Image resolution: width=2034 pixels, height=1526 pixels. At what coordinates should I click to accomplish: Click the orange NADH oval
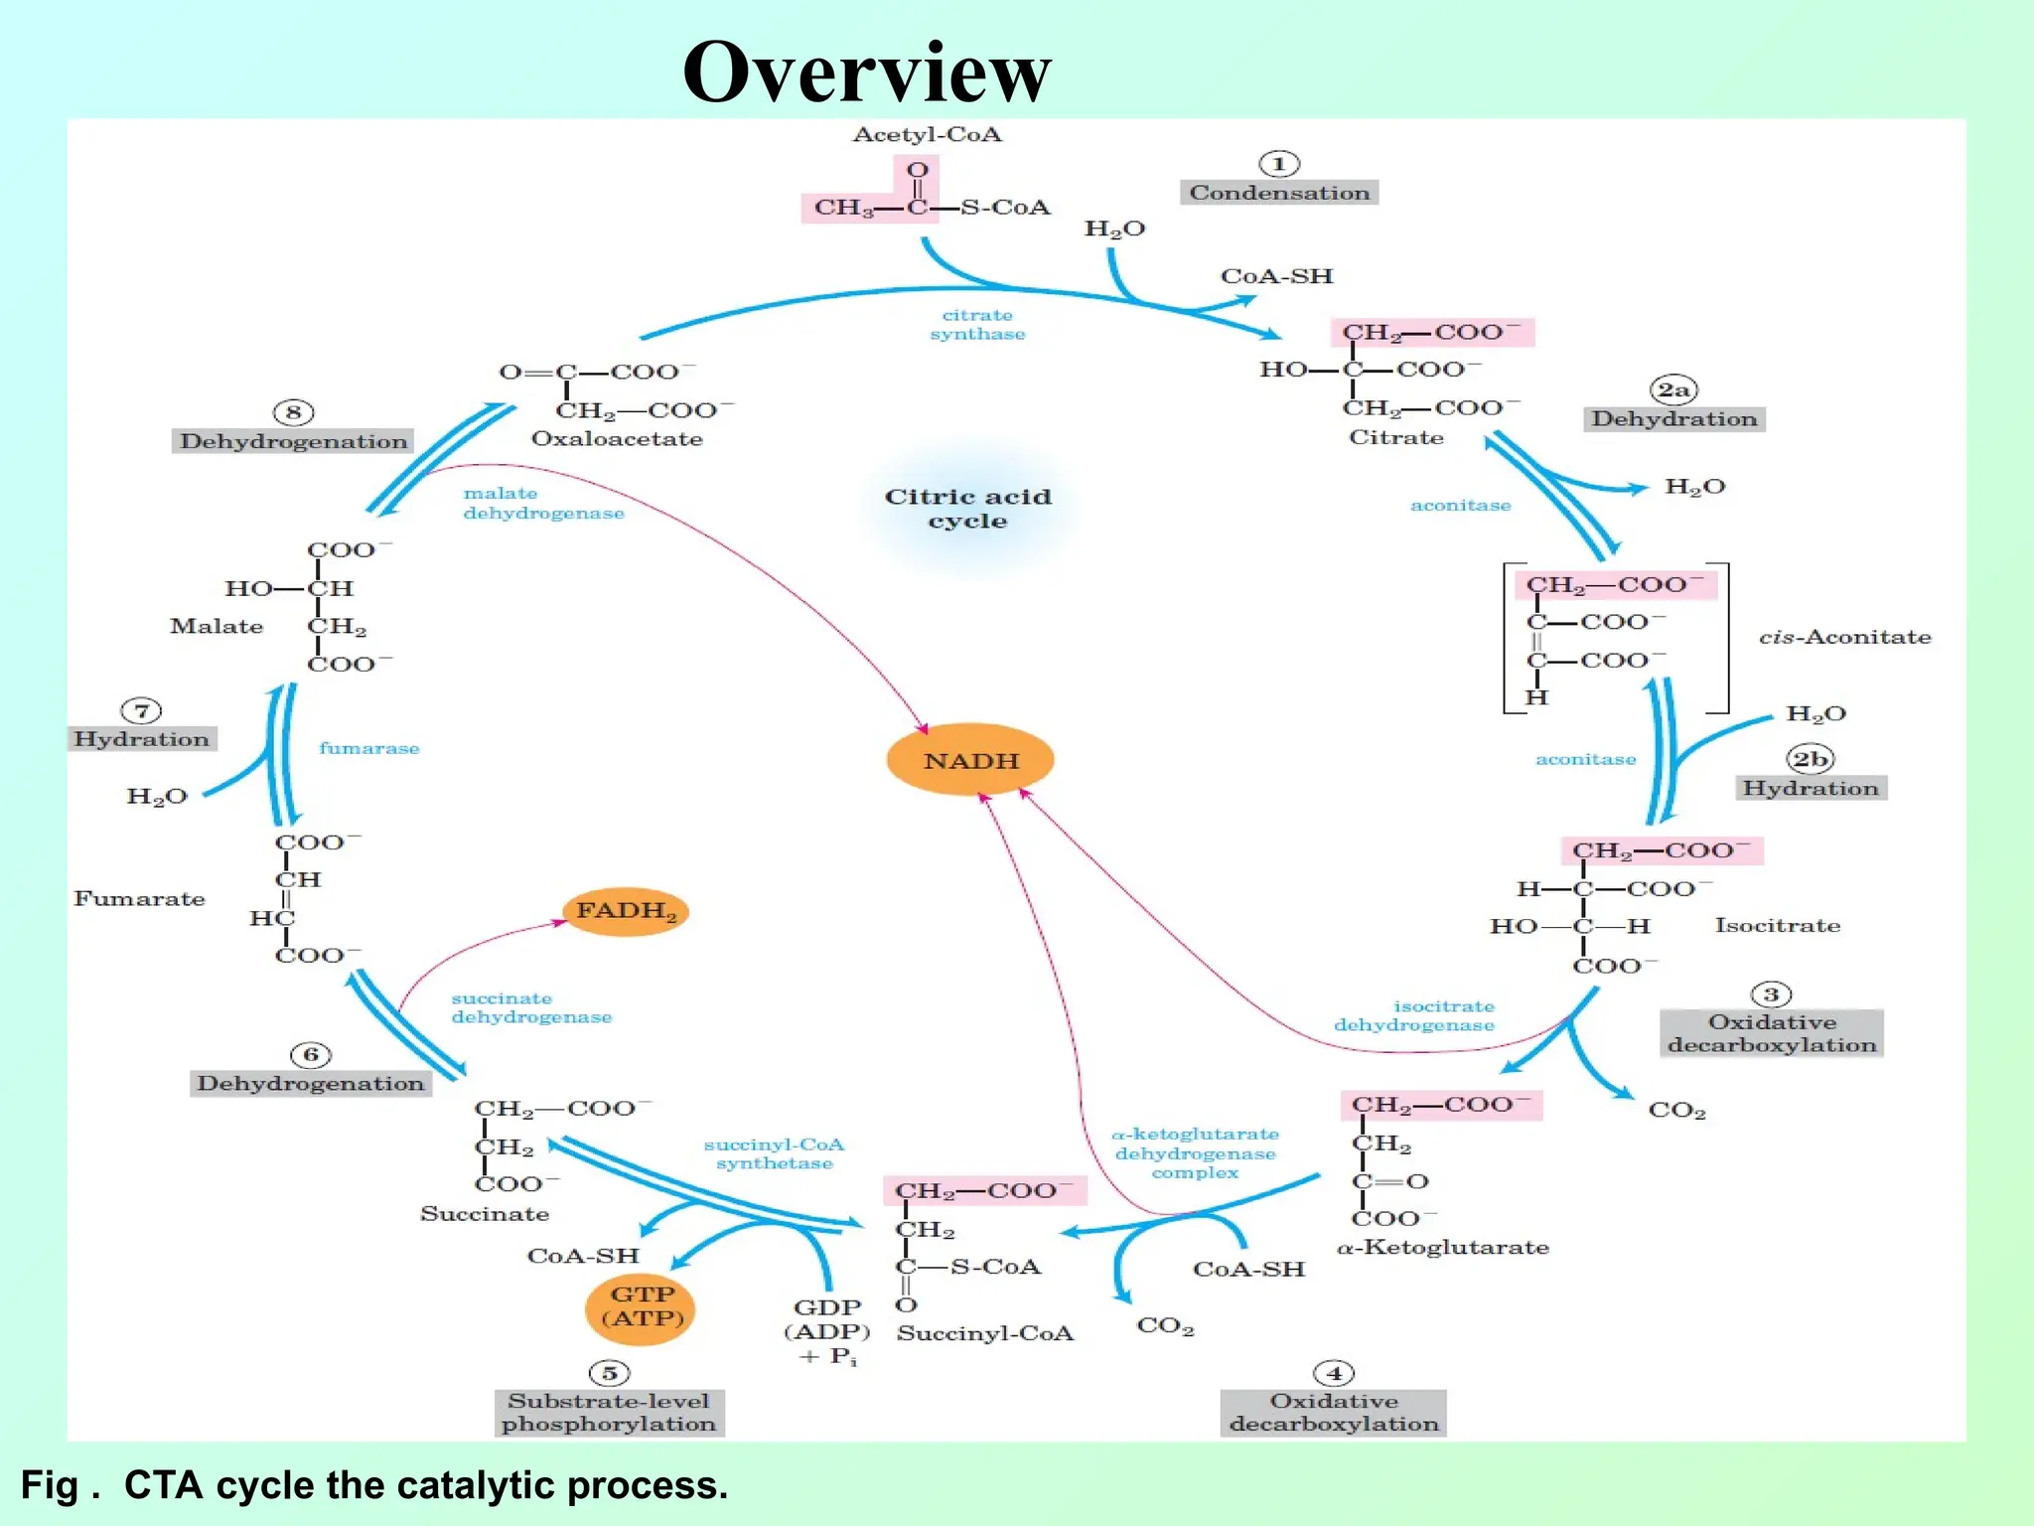coord(969,760)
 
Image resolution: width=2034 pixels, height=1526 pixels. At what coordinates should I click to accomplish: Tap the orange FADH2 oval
coord(626,911)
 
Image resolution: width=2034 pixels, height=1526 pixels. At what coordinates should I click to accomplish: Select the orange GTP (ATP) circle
coord(641,1307)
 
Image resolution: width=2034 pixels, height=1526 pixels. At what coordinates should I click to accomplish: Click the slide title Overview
coord(866,72)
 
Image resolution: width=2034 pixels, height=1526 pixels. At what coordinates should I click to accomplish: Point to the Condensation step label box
coord(1278,193)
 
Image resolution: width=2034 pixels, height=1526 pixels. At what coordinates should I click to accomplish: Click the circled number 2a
coord(1673,389)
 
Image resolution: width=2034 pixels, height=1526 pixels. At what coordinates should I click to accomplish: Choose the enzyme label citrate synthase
coord(977,325)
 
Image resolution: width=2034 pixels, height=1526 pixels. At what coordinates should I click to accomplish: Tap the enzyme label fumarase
coord(368,748)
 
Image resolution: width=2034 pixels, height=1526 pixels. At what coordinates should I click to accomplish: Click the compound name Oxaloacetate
coord(617,439)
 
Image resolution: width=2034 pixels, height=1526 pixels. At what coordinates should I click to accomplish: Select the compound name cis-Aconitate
coord(1844,637)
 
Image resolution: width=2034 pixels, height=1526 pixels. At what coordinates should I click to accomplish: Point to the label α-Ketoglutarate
coord(1442,1248)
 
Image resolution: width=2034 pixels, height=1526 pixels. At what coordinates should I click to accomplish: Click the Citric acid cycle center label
coord(967,509)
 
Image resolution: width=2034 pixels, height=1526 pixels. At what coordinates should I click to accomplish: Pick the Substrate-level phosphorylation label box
coord(609,1413)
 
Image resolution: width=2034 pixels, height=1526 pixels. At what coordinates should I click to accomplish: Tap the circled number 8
coord(293,412)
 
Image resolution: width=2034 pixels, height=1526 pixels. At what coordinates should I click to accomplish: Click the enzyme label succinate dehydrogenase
coord(531,1007)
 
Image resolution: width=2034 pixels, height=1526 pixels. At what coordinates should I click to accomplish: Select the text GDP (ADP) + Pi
coord(827,1331)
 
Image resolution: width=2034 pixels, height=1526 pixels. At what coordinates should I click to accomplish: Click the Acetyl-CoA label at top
coord(927,135)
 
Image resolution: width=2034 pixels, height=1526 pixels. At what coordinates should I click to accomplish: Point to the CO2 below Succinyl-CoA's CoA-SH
coord(1165,1325)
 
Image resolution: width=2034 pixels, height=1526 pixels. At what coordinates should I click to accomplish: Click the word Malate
coord(217,626)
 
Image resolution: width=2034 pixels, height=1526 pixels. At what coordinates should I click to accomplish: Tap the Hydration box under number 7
coord(142,739)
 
